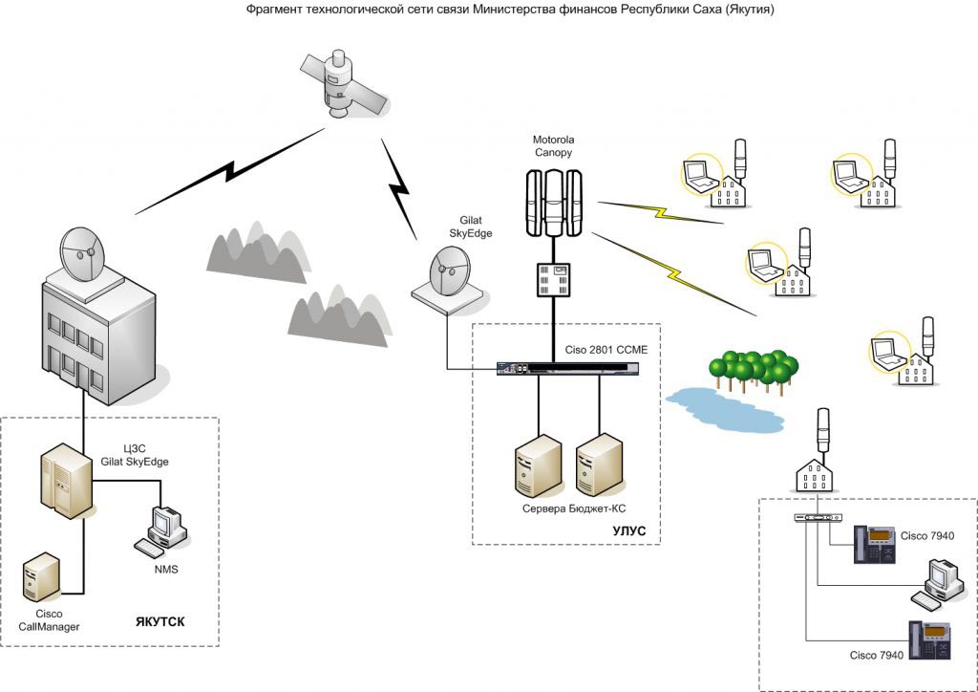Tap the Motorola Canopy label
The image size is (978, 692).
click(x=554, y=145)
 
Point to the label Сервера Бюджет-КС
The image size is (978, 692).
click(x=565, y=508)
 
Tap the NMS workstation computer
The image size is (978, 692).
click(x=162, y=531)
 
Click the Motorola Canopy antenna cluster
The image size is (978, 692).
click(x=554, y=204)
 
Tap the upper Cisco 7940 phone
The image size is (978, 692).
click(x=876, y=546)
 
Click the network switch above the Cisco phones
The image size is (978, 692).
click(x=819, y=518)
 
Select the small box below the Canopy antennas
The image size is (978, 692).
click(x=553, y=276)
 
